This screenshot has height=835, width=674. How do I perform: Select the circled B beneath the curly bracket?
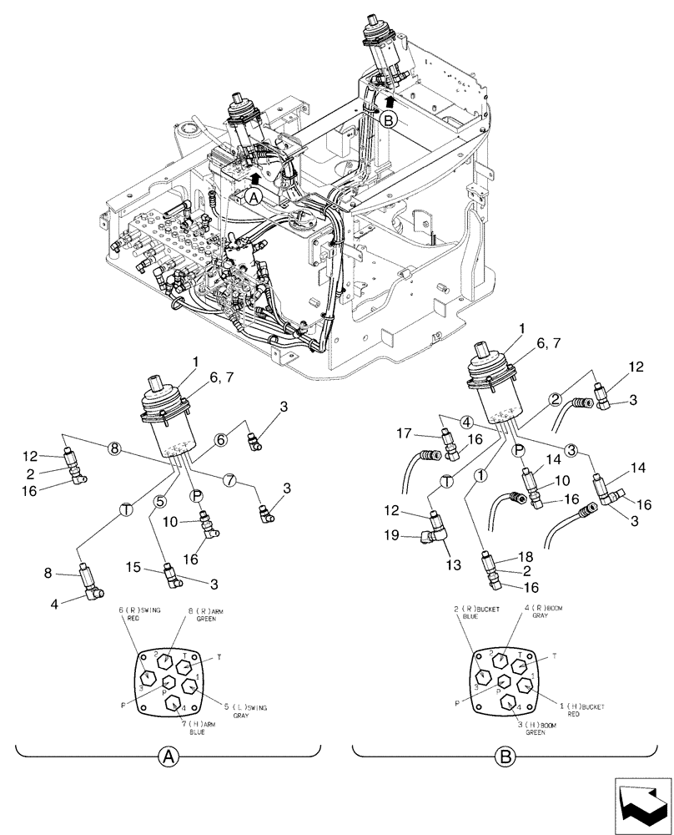point(504,757)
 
